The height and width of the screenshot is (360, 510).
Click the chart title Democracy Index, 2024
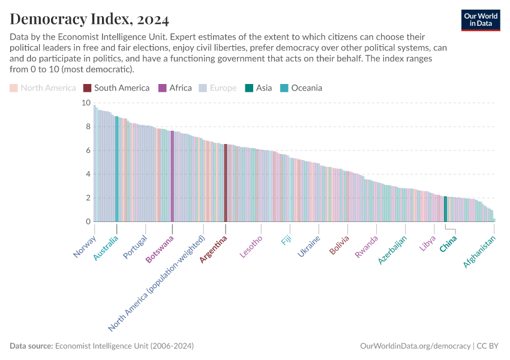click(x=89, y=19)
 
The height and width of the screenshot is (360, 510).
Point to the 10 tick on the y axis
click(x=86, y=103)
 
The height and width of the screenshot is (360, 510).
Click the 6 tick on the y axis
click(x=88, y=151)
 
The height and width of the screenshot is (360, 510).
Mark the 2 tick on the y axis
click(x=88, y=198)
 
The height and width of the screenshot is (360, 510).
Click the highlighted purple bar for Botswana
click(x=172, y=176)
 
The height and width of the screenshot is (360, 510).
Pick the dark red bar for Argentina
click(x=226, y=183)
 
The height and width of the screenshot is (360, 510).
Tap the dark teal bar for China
click(x=445, y=209)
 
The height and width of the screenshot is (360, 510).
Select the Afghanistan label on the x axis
click(x=480, y=251)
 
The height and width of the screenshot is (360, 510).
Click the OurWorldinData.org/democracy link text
click(x=415, y=346)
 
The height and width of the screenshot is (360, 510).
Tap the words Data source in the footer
click(x=31, y=346)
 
